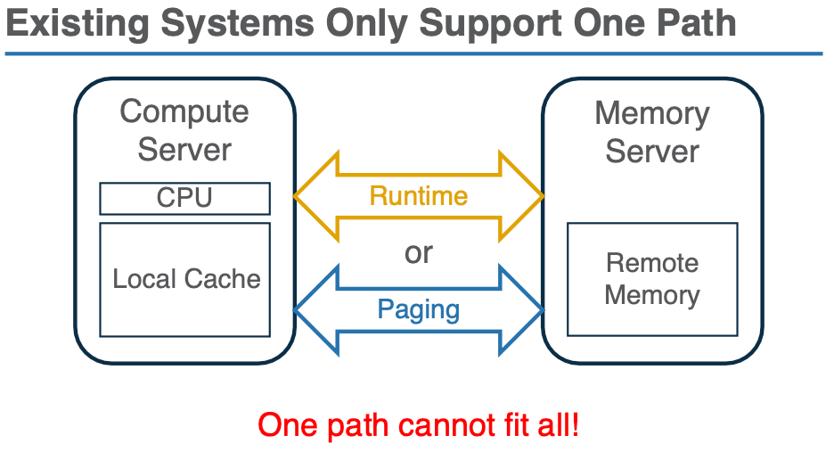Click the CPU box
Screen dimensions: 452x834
point(184,198)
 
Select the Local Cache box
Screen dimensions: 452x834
point(184,279)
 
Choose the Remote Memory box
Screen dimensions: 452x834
point(652,279)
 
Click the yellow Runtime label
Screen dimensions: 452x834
point(418,195)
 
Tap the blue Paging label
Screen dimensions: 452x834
point(418,309)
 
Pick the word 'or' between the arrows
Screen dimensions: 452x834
point(418,253)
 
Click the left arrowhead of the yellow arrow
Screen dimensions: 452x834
point(315,196)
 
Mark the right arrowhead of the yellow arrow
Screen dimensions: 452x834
point(523,196)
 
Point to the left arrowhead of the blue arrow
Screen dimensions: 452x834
point(315,309)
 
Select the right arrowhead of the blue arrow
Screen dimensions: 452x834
point(523,309)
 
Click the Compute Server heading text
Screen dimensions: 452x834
point(184,130)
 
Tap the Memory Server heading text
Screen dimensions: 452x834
point(652,132)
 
